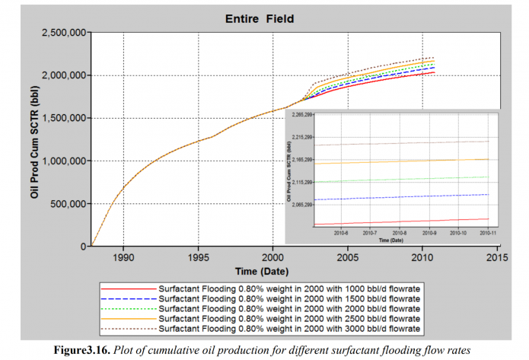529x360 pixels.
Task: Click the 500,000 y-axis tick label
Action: coord(67,204)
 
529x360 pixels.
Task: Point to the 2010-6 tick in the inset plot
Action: coord(340,233)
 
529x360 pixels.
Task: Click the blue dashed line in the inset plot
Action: coord(403,197)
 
